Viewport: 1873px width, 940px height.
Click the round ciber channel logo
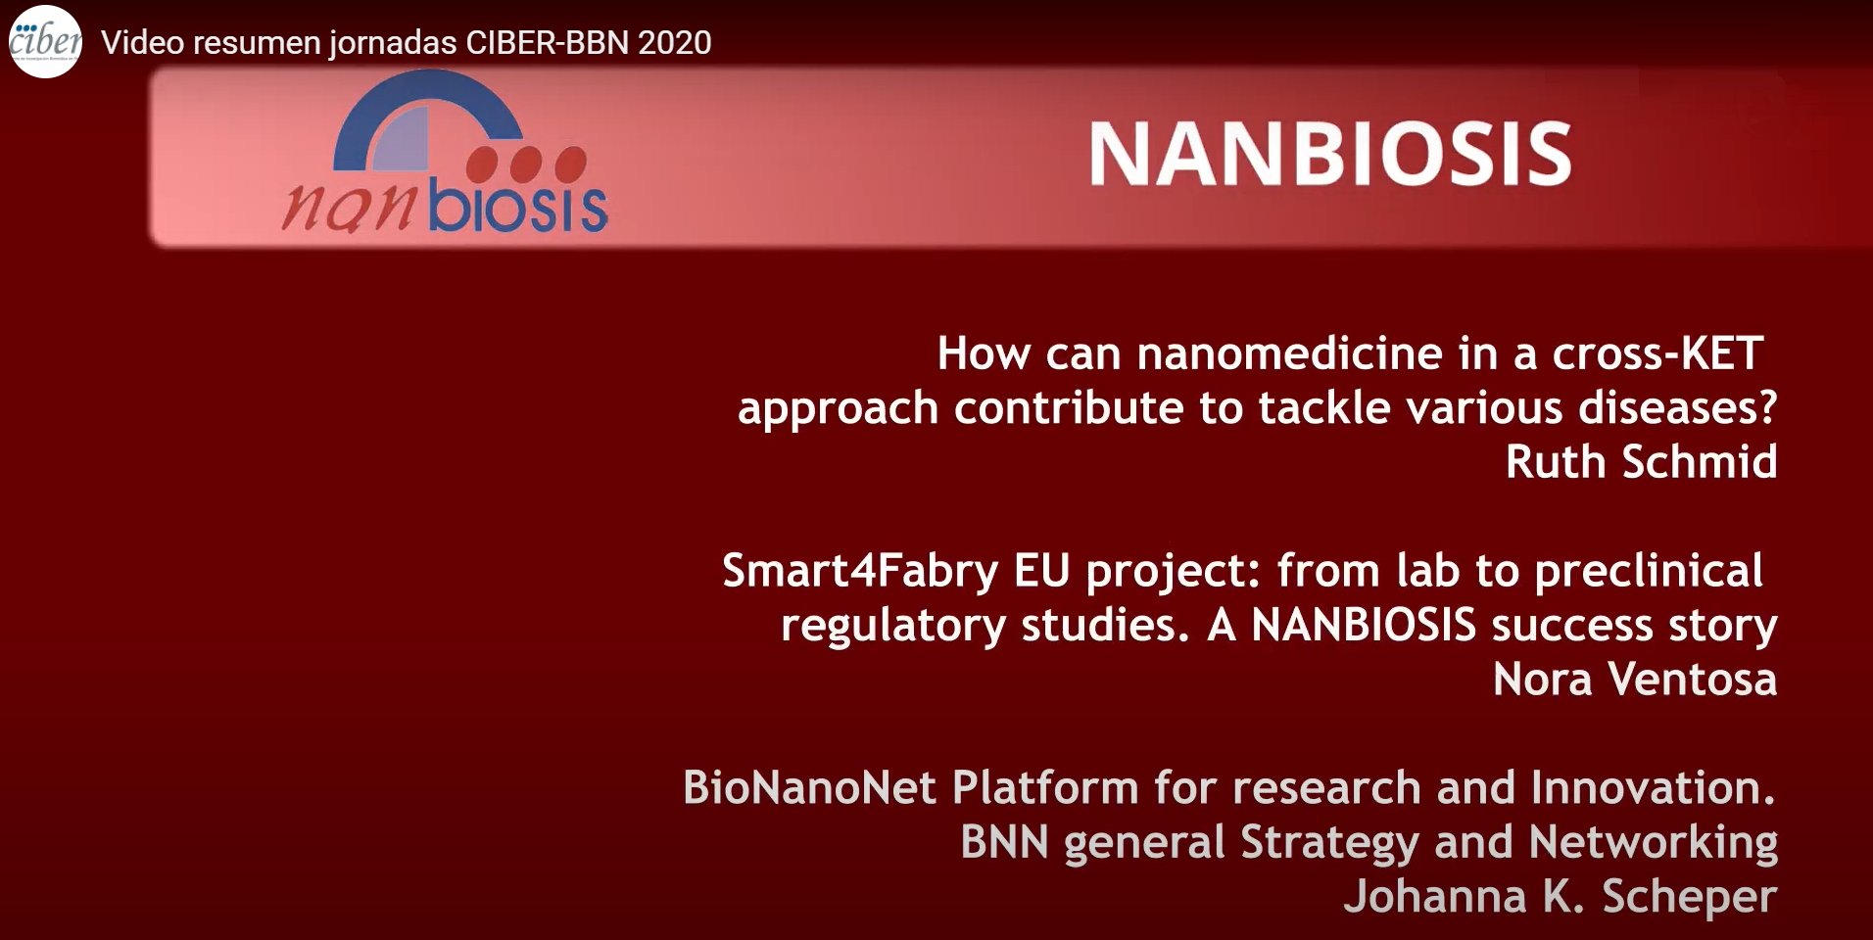45,42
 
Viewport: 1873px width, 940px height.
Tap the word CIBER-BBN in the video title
547,43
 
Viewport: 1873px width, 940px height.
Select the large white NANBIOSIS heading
1330,154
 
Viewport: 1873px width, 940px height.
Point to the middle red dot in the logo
526,164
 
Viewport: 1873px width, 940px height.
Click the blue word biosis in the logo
518,208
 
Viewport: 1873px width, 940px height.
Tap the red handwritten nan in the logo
351,209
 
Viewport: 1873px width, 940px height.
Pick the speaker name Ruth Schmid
1641,462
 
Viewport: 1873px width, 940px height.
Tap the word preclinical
1649,572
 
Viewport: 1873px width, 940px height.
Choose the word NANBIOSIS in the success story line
1364,626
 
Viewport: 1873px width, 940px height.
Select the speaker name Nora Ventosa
1635,680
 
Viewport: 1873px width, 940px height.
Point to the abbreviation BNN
1004,842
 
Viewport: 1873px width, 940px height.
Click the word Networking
1654,843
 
